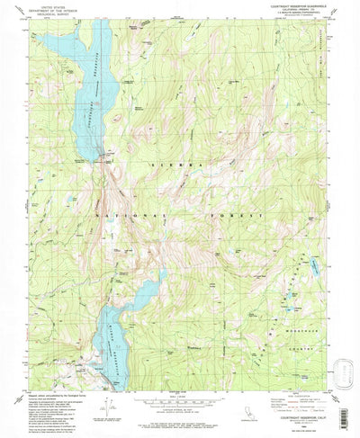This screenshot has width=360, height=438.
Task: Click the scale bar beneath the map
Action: point(180,400)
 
